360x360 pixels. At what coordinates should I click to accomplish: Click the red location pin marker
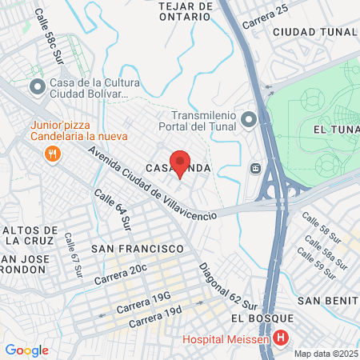tap(180, 162)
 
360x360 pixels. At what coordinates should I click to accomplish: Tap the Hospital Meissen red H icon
tap(280, 338)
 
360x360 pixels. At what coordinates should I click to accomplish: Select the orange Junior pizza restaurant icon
tap(53, 153)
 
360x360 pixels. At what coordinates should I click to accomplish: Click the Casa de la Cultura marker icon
tap(37, 86)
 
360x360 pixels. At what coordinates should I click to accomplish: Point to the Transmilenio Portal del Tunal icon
tap(249, 120)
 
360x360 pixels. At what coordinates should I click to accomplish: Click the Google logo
tap(26, 350)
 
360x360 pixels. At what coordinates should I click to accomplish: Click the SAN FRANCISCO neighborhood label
tap(138, 249)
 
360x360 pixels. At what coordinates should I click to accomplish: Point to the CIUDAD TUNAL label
tap(314, 32)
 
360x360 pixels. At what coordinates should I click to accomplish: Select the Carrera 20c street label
tap(121, 274)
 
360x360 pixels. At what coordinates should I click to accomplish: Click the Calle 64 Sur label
tap(112, 209)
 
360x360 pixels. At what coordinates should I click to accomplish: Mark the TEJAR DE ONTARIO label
tap(185, 14)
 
